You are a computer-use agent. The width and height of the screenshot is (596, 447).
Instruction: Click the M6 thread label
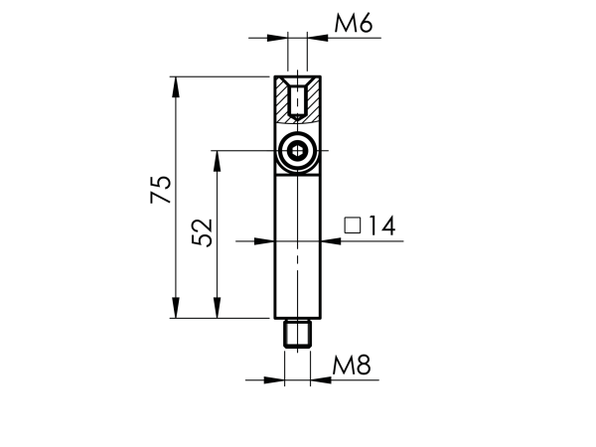coord(353,24)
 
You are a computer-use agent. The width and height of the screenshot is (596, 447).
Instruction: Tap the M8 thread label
coord(351,366)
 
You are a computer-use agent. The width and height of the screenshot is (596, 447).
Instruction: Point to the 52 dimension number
coord(202,233)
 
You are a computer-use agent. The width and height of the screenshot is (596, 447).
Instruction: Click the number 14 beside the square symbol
coord(379,227)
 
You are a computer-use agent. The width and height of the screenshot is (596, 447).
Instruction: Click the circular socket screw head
coord(297,152)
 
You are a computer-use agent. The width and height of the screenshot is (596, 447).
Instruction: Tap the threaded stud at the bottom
coord(297,333)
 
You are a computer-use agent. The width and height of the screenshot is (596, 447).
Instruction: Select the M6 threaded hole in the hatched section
coord(297,100)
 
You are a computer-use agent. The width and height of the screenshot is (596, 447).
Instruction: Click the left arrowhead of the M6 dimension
coord(279,38)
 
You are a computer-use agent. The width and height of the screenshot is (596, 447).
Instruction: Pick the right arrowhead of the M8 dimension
coord(318,379)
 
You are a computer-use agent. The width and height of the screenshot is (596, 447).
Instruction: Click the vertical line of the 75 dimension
coord(176,248)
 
